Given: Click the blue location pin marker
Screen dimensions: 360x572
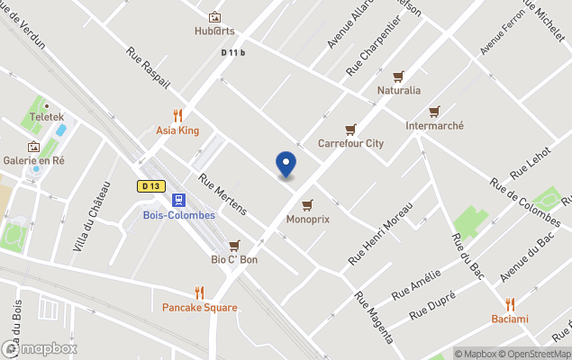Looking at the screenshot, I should (286, 164).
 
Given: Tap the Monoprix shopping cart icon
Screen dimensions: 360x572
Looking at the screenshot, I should (307, 204).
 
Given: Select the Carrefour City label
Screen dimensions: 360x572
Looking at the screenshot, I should (350, 142).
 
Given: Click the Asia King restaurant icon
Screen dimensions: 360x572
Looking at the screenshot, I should (177, 115).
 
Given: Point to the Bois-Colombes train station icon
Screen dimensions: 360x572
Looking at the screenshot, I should (179, 200).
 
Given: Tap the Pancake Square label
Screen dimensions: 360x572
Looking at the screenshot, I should (200, 307).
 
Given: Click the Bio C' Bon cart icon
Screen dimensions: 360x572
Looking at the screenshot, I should (234, 245).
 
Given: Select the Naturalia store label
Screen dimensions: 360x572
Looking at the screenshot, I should (398, 90).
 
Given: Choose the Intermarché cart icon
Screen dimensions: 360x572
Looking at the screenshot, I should (434, 112).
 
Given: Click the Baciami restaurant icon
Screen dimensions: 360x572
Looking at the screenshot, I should (510, 304).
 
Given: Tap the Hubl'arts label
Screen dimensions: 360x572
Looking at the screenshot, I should (214, 31).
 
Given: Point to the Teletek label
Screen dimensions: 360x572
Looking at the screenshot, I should (46, 117).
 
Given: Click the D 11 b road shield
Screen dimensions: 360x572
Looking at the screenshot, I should (232, 53).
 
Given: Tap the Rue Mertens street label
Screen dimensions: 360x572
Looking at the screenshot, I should (222, 193).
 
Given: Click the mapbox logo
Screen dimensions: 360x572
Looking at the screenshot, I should (40, 348).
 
